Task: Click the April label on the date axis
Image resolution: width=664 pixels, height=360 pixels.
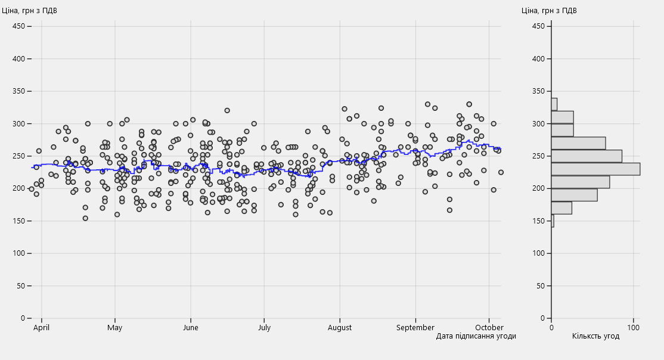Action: click(x=42, y=327)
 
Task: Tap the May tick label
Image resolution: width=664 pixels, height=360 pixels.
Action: click(x=115, y=327)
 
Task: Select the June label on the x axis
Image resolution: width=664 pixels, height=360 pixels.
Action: click(x=191, y=327)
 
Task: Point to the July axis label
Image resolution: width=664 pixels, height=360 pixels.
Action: click(x=264, y=327)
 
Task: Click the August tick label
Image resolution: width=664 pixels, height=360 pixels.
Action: click(x=340, y=327)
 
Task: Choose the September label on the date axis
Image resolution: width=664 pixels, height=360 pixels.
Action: click(x=415, y=327)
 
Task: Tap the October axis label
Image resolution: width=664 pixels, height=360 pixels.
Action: click(x=489, y=327)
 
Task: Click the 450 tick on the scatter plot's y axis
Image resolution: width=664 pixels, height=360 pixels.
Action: click(x=18, y=26)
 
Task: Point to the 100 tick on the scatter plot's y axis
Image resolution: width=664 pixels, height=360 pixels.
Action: click(x=18, y=253)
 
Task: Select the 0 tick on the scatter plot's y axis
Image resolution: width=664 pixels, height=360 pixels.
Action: click(x=22, y=318)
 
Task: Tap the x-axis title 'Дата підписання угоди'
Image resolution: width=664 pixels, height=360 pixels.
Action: click(x=476, y=336)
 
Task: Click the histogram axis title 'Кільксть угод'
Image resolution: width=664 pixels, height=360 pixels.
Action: click(x=595, y=336)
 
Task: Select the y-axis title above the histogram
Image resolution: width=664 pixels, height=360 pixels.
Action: click(x=549, y=10)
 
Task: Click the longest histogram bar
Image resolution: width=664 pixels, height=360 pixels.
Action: click(x=595, y=169)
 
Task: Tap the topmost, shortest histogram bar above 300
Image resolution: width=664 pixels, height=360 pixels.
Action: click(x=554, y=104)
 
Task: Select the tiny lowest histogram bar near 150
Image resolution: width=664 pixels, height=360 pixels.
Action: click(x=553, y=221)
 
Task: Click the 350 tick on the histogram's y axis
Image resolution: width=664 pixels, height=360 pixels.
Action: click(x=539, y=91)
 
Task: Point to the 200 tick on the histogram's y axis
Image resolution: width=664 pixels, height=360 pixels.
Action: click(x=539, y=188)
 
